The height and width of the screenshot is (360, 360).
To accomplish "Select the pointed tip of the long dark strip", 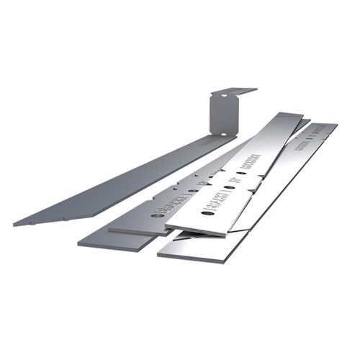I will (17, 222).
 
